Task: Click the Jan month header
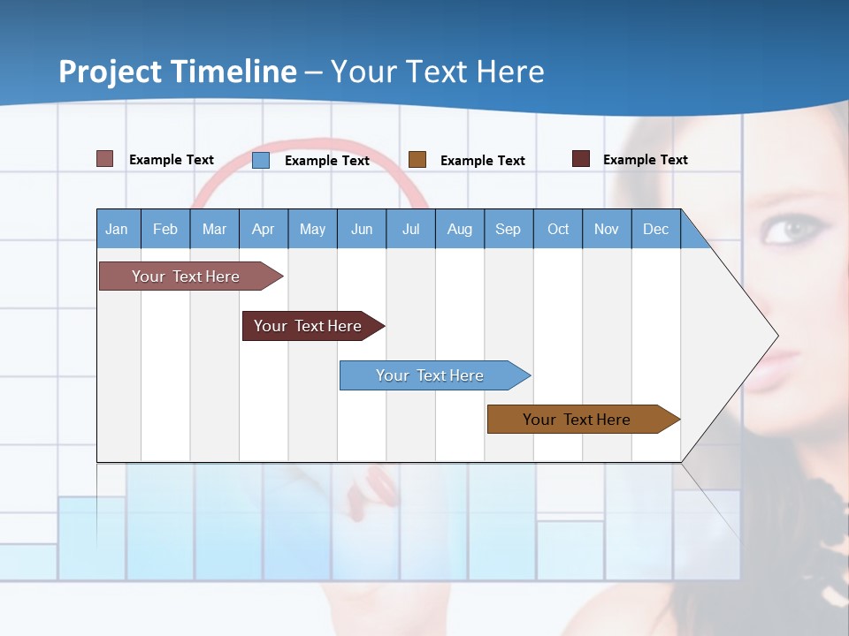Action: click(118, 229)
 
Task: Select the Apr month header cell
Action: click(264, 229)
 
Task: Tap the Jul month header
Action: click(410, 229)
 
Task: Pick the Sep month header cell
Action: click(508, 229)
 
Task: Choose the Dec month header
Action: click(655, 229)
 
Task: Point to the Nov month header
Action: click(607, 229)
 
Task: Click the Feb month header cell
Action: click(165, 229)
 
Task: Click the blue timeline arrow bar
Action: click(433, 375)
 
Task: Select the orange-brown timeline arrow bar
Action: click(582, 420)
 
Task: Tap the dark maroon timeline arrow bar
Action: click(312, 326)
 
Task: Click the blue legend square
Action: click(261, 160)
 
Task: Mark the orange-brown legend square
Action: click(417, 160)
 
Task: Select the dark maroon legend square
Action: click(581, 159)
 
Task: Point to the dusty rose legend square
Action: click(105, 159)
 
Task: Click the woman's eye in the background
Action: click(790, 230)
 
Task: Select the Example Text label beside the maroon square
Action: click(645, 160)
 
